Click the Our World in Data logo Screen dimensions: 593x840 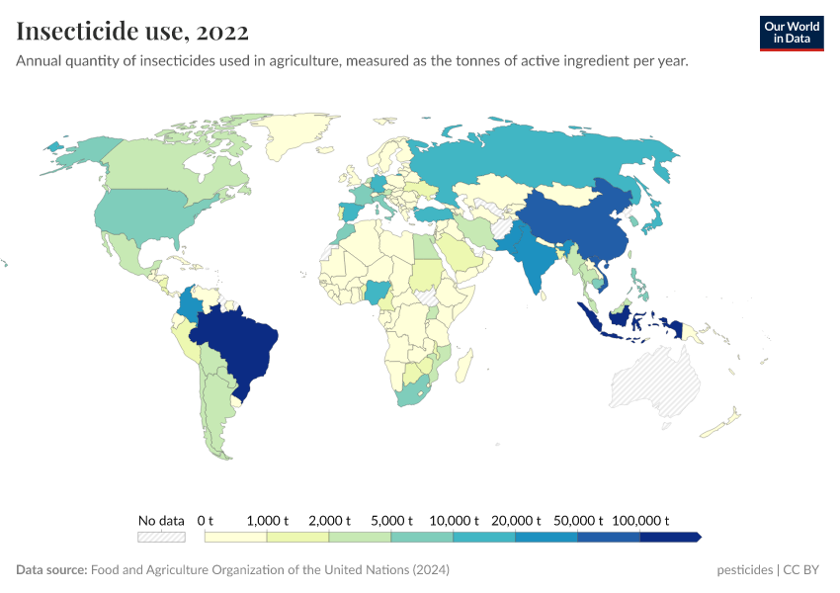(791, 33)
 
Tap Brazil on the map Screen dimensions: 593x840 (242, 341)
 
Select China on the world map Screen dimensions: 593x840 (578, 222)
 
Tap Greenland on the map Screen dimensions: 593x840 (301, 133)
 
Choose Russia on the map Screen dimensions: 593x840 (553, 153)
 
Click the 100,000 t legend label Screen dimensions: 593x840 (639, 521)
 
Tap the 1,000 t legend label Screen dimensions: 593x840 (267, 521)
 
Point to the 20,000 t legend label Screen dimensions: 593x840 (515, 521)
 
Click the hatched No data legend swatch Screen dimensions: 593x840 (161, 537)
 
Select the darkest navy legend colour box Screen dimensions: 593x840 (669, 537)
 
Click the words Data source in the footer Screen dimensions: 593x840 (51, 570)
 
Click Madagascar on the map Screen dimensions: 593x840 (461, 368)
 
